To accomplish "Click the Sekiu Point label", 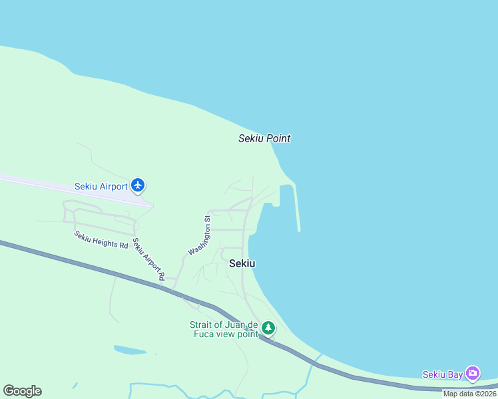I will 264,138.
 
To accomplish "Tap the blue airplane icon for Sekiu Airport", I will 138,185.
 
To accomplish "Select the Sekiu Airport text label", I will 101,186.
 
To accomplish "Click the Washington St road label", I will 200,235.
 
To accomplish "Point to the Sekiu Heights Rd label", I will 101,239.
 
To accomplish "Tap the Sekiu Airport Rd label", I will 148,258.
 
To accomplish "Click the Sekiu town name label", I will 242,263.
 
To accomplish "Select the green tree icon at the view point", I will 268,328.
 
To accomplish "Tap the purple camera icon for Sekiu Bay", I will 473,374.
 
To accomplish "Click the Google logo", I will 22,391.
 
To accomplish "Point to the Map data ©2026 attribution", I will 469,394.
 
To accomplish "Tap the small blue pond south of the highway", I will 130,350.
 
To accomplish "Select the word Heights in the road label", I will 103,240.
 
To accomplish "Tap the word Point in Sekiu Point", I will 278,138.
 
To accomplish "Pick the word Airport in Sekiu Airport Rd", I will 150,260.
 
